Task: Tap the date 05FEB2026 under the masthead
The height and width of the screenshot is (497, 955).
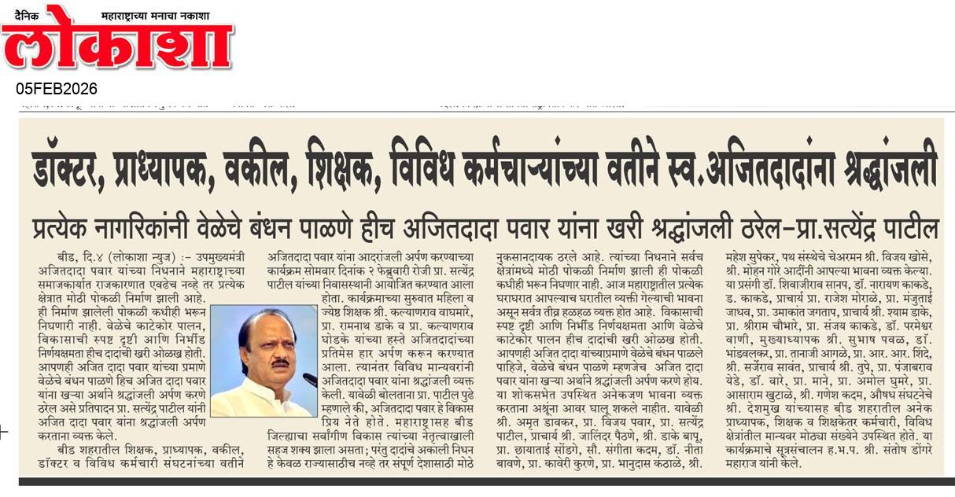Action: (57, 89)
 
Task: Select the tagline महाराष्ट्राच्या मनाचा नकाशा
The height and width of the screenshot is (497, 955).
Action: (165, 15)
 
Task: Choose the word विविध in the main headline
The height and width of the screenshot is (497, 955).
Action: (437, 164)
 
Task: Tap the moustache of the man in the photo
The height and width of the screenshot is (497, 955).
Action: (281, 363)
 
